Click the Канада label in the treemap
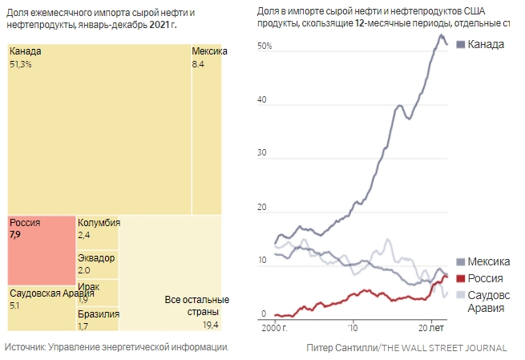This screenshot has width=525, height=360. click(26, 52)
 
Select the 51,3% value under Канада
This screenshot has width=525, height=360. click(21, 64)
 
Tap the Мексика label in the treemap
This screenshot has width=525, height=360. click(209, 52)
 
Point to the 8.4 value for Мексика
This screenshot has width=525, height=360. click(198, 64)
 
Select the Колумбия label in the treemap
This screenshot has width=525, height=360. click(99, 223)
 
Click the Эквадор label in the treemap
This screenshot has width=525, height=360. click(96, 258)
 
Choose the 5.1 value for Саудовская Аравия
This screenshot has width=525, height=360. click(15, 305)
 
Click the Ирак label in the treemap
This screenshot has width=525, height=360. click(88, 287)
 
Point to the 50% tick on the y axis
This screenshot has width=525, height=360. click(265, 47)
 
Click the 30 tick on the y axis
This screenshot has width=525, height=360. click(261, 154)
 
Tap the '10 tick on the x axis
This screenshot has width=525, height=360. click(352, 329)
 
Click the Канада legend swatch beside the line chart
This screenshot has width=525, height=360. click(459, 43)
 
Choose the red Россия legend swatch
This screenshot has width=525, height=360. click(459, 278)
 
